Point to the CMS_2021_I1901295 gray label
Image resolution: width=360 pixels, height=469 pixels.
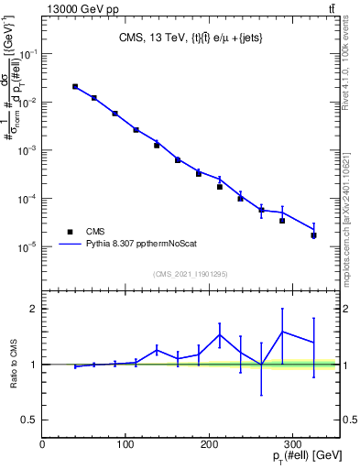pos(191,274)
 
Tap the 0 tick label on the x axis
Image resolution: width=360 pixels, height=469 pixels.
pos(42,442)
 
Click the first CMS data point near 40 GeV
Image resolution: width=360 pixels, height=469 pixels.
pos(75,87)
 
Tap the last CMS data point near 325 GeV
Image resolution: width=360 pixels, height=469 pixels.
pos(313,235)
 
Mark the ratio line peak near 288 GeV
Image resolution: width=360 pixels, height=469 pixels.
pos(282,332)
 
